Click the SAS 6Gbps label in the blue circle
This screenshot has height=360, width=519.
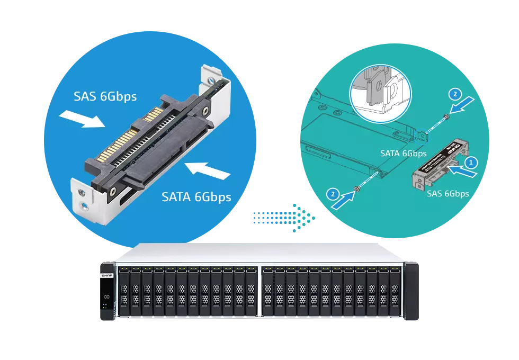point(105,96)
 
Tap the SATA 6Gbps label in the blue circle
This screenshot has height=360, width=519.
point(196,197)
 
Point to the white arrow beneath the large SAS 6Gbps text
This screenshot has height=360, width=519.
point(83,119)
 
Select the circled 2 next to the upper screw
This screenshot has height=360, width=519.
point(454,95)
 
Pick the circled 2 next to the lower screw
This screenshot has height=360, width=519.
point(332,194)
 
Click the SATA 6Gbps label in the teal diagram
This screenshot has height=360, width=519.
point(403,154)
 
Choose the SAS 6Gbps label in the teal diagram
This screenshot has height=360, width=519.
point(448,194)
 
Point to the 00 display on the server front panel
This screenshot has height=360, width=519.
point(106,296)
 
